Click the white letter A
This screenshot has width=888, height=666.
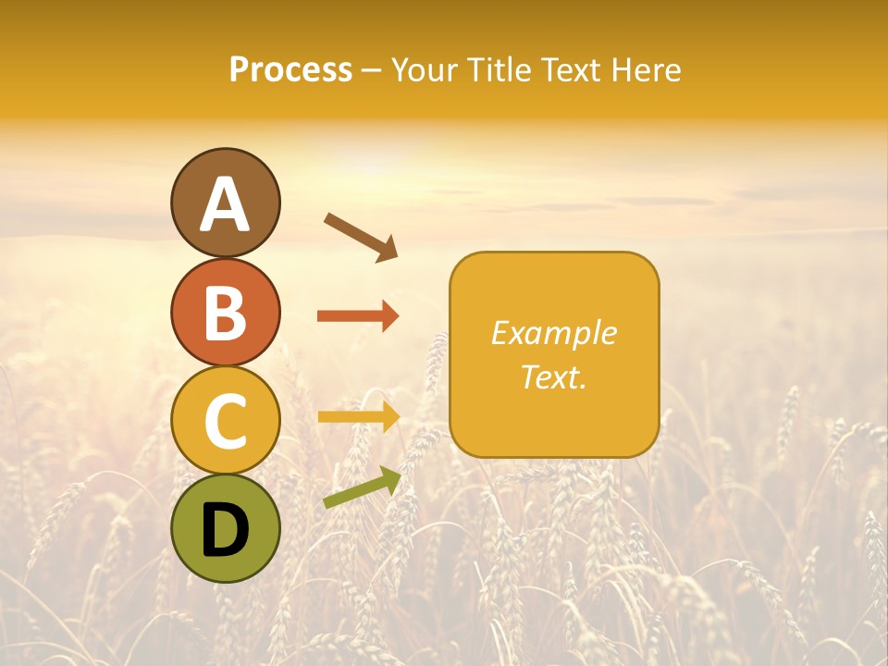click(225, 203)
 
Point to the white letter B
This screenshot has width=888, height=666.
click(225, 313)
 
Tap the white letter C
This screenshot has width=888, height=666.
click(225, 420)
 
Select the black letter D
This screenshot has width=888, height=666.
click(225, 528)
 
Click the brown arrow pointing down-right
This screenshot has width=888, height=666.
click(361, 237)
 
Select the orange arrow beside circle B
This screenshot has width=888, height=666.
click(358, 316)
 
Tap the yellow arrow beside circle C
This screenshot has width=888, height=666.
click(358, 417)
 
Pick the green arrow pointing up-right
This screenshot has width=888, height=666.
click(362, 487)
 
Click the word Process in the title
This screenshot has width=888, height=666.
click(290, 70)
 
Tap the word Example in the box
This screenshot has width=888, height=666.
click(553, 333)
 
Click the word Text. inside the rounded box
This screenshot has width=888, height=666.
click(553, 376)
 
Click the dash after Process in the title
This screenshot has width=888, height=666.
click(371, 70)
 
